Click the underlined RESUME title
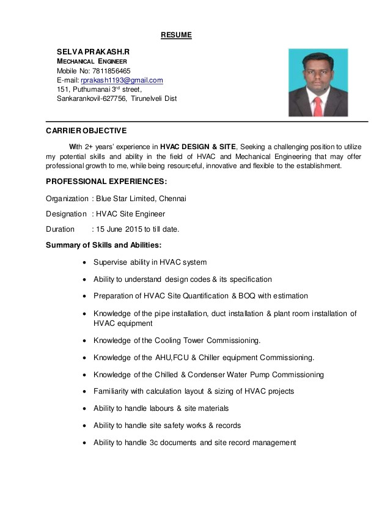pos(176,35)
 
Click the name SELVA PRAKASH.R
pos(94,53)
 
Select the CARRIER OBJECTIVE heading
pos(86,130)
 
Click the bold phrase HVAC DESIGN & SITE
pos(197,147)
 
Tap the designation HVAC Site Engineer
pos(130,214)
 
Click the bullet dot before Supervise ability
pos(84,263)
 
